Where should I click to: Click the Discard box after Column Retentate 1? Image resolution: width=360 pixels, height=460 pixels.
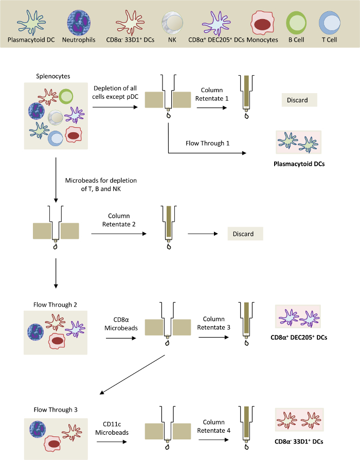[x=299, y=100]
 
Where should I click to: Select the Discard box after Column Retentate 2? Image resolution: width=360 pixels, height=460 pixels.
[x=245, y=234]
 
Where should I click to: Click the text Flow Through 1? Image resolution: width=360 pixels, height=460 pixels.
[x=208, y=143]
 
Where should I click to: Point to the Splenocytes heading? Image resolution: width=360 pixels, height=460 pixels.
[x=53, y=76]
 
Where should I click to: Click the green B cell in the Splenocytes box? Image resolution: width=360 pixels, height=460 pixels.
[x=66, y=96]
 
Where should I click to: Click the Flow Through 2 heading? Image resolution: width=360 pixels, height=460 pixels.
[x=56, y=305]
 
